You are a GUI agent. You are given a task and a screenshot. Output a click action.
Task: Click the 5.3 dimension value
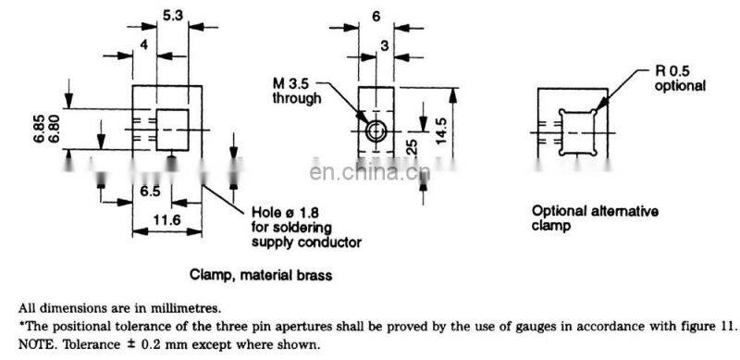pyautogui.click(x=172, y=15)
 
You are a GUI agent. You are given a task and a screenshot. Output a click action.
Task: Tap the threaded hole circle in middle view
pyautogui.click(x=375, y=130)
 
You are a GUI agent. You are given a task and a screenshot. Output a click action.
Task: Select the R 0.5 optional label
pyautogui.click(x=680, y=78)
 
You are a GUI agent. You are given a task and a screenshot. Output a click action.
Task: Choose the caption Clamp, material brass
pyautogui.click(x=261, y=275)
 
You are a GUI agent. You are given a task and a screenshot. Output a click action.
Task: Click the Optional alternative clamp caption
pyautogui.click(x=594, y=217)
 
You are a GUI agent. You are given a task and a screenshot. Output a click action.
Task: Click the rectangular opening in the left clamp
pyautogui.click(x=171, y=129)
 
